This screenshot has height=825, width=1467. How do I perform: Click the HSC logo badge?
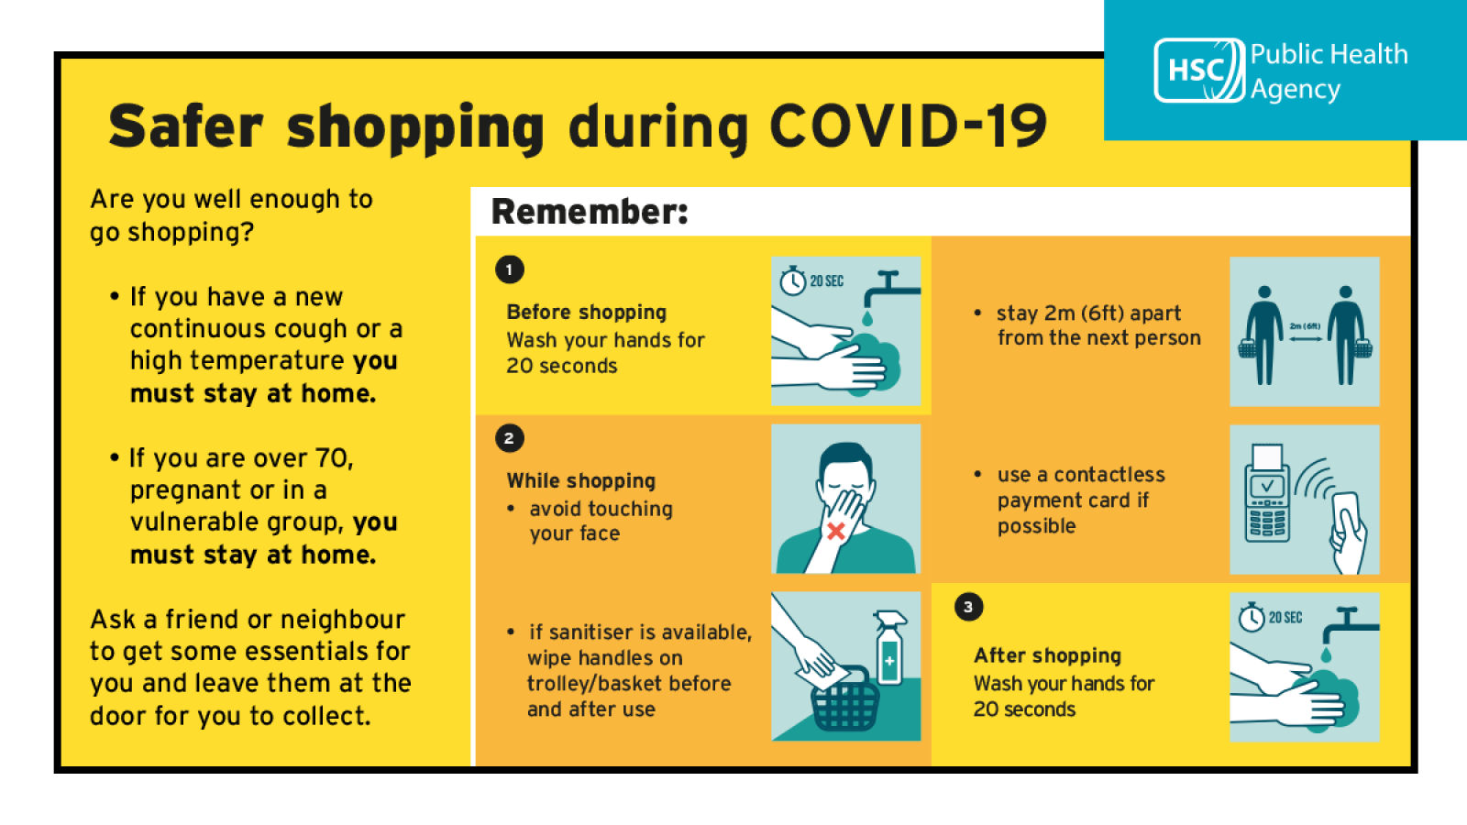(1199, 70)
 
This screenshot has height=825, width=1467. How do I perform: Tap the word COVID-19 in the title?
(909, 126)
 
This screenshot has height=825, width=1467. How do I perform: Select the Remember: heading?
(590, 212)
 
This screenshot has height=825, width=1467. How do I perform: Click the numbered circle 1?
(510, 269)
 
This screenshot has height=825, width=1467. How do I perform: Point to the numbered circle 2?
(510, 438)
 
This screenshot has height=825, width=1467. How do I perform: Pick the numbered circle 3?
(968, 607)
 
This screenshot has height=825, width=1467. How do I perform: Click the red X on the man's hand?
(835, 531)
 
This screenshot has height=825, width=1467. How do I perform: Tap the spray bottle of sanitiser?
(889, 648)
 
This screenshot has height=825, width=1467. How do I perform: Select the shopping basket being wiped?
(845, 699)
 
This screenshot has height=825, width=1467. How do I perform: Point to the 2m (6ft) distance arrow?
(1306, 338)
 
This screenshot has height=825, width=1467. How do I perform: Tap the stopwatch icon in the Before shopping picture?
(792, 280)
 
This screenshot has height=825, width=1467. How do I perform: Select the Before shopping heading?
(586, 313)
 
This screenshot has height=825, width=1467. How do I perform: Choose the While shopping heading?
(581, 480)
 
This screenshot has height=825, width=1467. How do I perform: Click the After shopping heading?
(1047, 655)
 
